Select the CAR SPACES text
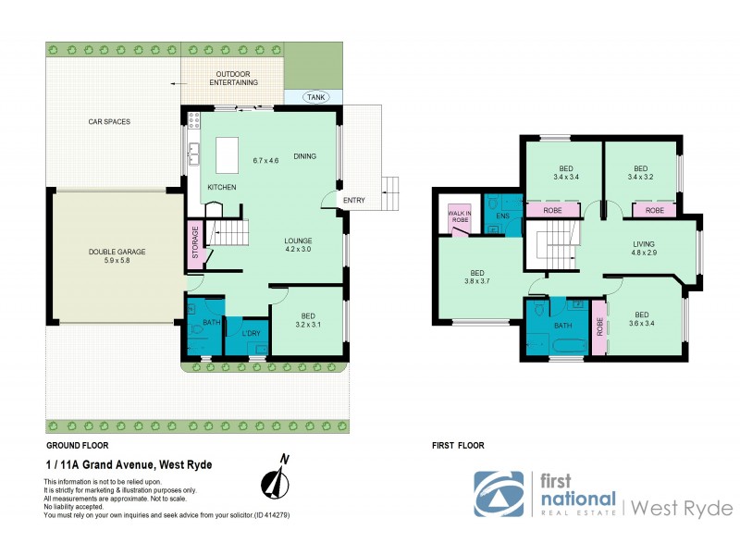click(x=108, y=121)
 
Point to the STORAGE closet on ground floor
click(x=195, y=246)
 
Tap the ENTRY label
click(x=353, y=201)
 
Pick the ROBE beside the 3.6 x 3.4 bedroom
click(x=599, y=328)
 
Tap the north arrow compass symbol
click(x=275, y=479)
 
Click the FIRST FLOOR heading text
click(x=458, y=446)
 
